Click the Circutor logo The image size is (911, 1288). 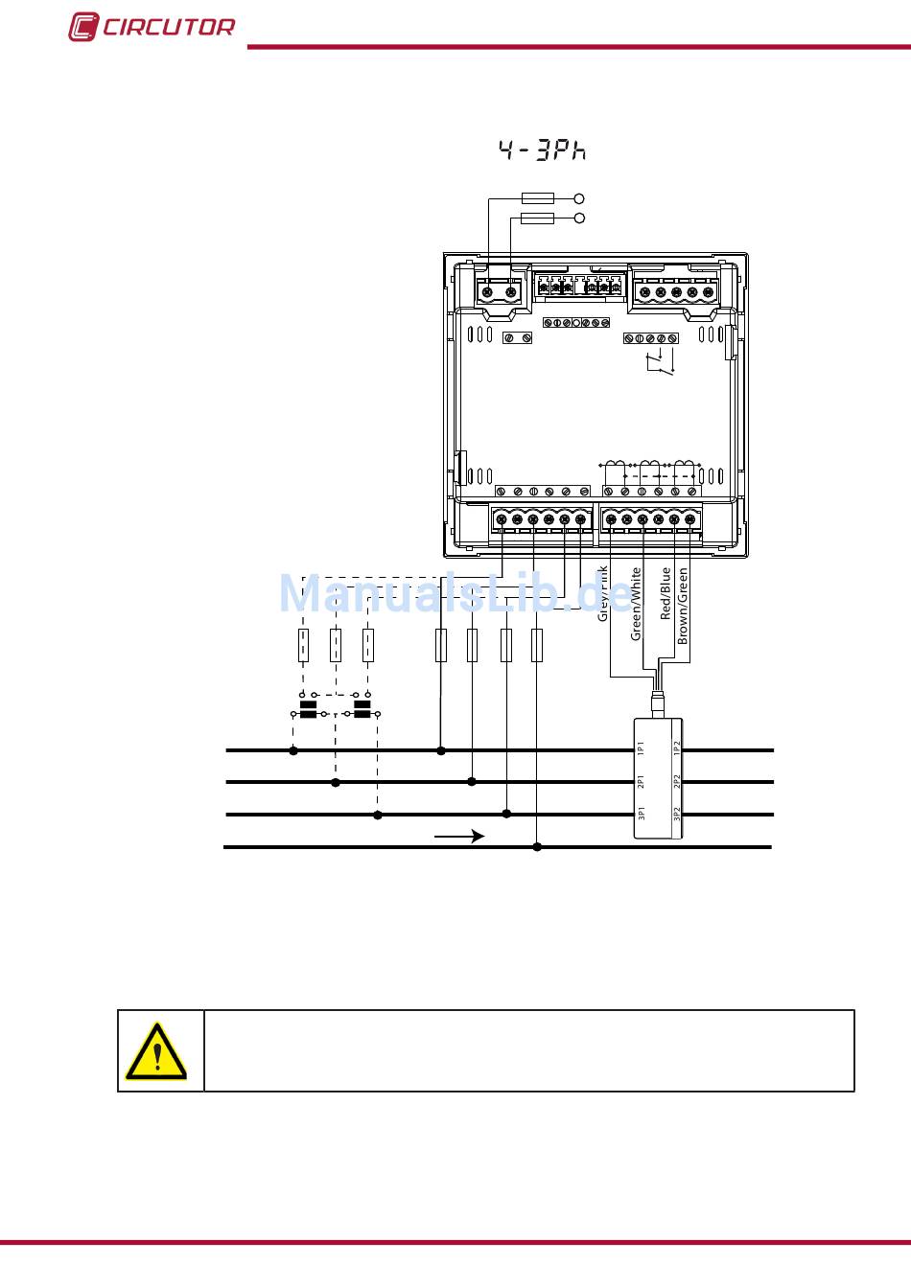click(x=151, y=27)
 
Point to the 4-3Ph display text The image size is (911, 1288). click(x=542, y=149)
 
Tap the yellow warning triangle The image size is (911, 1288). click(x=156, y=1050)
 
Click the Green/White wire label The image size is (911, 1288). click(x=636, y=604)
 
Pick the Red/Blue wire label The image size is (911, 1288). click(x=666, y=594)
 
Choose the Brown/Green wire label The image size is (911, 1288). click(x=683, y=605)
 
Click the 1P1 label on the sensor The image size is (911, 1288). click(x=642, y=748)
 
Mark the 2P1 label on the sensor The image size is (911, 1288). click(x=642, y=781)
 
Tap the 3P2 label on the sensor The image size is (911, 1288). click(x=677, y=815)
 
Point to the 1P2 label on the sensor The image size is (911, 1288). click(x=677, y=748)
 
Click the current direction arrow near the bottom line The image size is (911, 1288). click(x=459, y=837)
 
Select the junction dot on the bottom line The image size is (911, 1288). click(x=537, y=847)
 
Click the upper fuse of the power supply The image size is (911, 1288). click(x=537, y=198)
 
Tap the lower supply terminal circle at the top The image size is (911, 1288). click(x=578, y=219)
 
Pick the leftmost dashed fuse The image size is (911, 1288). click(x=303, y=646)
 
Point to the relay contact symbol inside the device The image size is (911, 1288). click(x=659, y=364)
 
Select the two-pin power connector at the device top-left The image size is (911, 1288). click(x=499, y=291)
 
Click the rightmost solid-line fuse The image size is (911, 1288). click(x=537, y=646)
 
